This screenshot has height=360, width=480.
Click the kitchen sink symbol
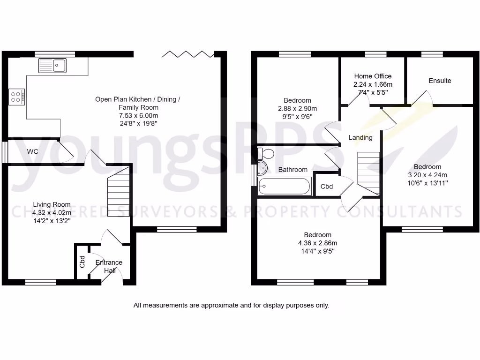click(x=52, y=65)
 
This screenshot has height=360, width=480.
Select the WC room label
click(x=33, y=151)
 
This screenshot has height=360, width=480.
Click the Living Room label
click(x=52, y=204)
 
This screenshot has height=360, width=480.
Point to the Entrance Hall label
click(x=109, y=266)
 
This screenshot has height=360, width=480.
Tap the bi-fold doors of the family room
click(x=188, y=54)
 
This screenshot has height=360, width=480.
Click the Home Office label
click(x=373, y=76)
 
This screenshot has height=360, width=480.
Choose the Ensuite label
click(x=440, y=81)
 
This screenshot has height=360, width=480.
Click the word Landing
click(x=360, y=137)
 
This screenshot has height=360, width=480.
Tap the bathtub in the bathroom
click(x=284, y=187)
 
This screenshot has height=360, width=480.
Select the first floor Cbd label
click(x=327, y=187)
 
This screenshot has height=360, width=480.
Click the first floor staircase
click(x=368, y=173)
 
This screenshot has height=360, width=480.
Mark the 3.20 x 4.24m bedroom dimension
click(x=427, y=175)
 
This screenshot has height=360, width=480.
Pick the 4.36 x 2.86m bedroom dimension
click(x=317, y=243)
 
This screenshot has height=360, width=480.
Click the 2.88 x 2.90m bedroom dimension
click(x=297, y=108)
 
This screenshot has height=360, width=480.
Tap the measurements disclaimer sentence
click(x=232, y=305)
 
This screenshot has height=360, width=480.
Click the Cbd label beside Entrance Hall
click(x=82, y=262)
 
